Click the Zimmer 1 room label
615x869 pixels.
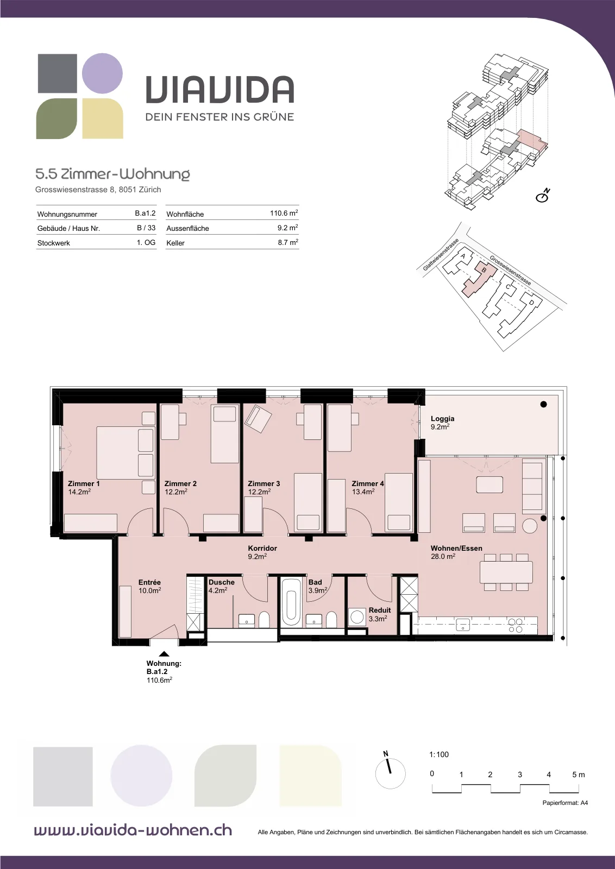click(x=84, y=483)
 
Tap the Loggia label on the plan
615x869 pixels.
click(x=442, y=419)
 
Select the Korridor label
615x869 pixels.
click(x=262, y=548)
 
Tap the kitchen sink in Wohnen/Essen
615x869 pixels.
click(x=463, y=625)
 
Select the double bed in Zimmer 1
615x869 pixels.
click(x=125, y=453)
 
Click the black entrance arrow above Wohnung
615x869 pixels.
click(x=164, y=654)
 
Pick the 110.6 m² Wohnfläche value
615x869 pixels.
click(x=284, y=213)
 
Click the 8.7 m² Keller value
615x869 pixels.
click(x=288, y=242)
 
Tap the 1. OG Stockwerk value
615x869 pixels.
click(x=146, y=242)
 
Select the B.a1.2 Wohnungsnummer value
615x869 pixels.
click(x=145, y=213)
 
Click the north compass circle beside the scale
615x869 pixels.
click(x=390, y=773)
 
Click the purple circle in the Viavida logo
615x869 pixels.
click(x=103, y=73)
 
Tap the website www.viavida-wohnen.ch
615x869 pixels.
click(x=133, y=830)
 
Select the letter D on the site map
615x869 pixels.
click(x=531, y=302)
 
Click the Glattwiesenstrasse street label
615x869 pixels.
click(x=441, y=255)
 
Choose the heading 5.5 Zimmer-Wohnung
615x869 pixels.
click(x=112, y=174)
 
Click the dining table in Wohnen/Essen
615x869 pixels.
click(x=506, y=572)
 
